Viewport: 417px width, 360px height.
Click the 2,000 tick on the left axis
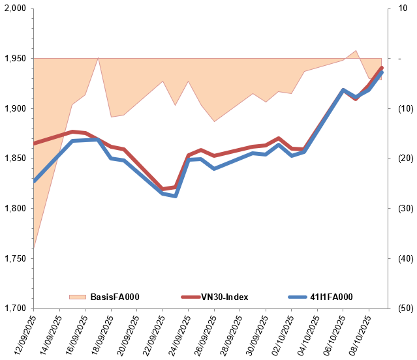tap(16, 8)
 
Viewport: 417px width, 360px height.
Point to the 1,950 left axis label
tap(16, 59)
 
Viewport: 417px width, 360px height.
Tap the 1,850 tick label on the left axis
tap(16, 158)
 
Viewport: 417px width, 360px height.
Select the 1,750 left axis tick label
tap(16, 258)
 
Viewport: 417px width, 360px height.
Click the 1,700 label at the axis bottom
tap(16, 308)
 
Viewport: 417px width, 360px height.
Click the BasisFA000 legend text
tap(115, 297)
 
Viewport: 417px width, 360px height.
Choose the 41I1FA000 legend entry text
tap(330, 297)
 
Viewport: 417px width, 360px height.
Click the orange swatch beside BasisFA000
tap(78, 297)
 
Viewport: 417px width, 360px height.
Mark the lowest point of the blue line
tap(176, 196)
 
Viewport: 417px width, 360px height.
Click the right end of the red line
tap(382, 68)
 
